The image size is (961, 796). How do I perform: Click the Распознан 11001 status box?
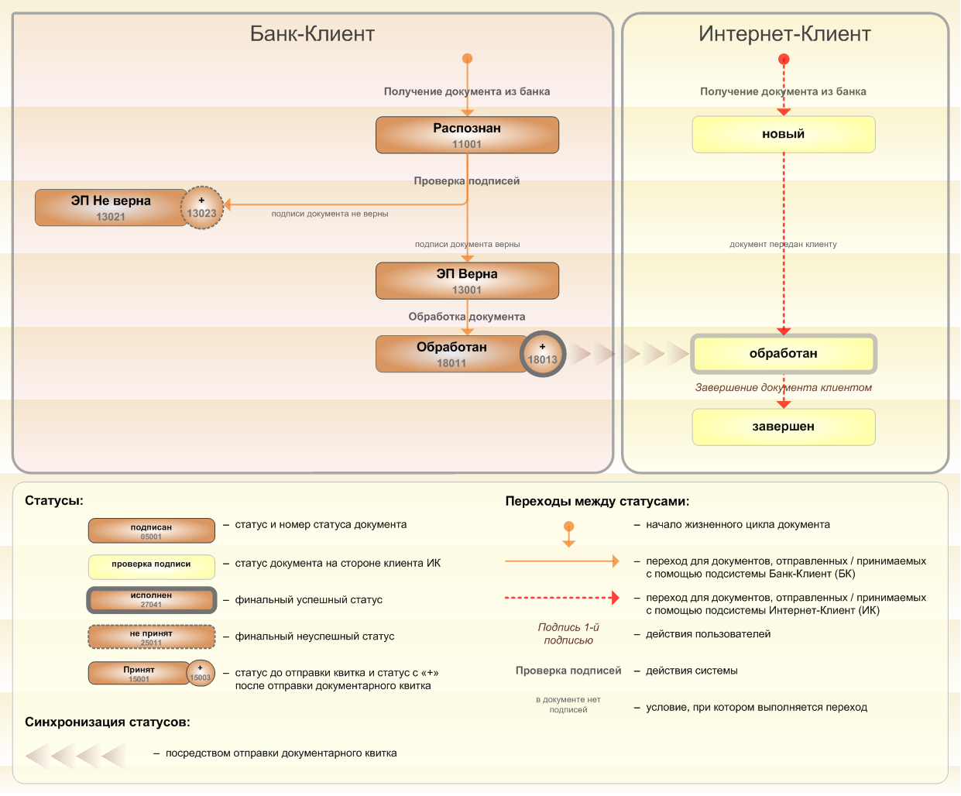(467, 135)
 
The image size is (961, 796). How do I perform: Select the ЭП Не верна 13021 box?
(111, 208)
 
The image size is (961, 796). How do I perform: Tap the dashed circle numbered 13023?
(202, 208)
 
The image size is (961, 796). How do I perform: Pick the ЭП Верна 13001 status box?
(467, 280)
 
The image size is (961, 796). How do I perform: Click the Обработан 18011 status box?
(451, 354)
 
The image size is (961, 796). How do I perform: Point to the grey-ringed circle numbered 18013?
(543, 354)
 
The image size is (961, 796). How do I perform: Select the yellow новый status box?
(783, 134)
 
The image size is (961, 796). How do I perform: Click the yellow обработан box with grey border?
(783, 354)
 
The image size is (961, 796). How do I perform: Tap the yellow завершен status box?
(783, 427)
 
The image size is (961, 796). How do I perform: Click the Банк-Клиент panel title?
(312, 34)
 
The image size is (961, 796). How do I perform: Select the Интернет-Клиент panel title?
(784, 34)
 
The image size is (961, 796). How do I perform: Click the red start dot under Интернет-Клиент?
(784, 59)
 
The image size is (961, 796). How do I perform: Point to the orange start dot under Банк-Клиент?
(467, 59)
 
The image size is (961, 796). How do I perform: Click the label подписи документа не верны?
(330, 214)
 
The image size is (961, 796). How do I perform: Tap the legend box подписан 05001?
(151, 530)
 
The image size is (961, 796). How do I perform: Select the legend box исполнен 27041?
(151, 600)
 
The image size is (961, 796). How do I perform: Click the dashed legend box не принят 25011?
(151, 636)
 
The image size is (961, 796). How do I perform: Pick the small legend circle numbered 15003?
(201, 673)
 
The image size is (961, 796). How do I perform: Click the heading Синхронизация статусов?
(108, 722)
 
